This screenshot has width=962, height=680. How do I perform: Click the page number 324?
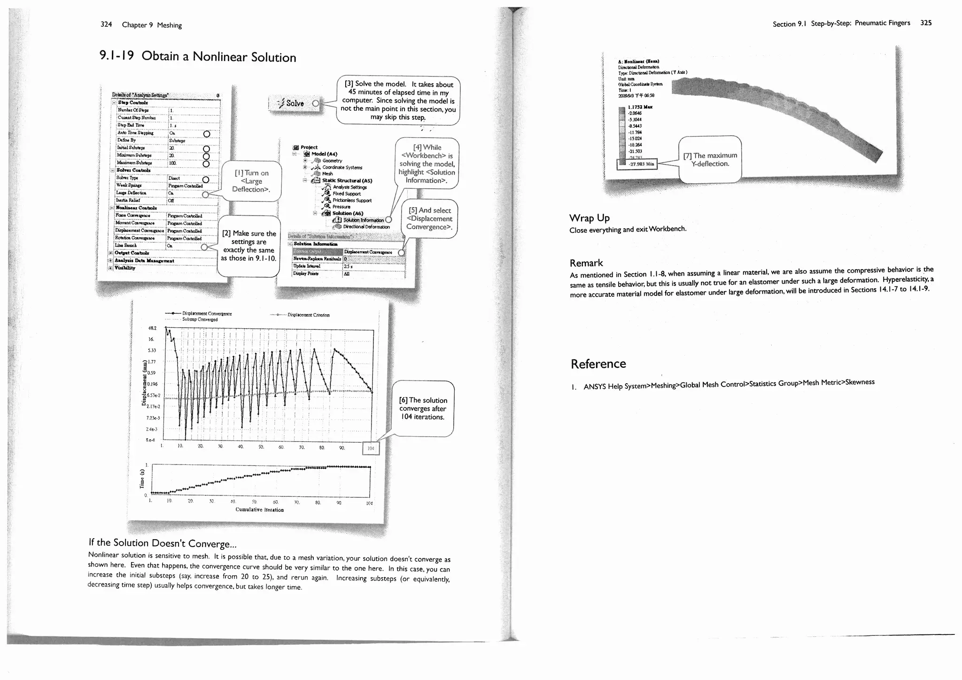click(106, 24)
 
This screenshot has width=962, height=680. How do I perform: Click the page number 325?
click(926, 23)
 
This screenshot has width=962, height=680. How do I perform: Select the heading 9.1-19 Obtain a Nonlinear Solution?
click(198, 56)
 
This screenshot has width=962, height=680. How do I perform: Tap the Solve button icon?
click(291, 103)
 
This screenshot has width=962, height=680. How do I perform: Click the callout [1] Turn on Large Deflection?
click(251, 181)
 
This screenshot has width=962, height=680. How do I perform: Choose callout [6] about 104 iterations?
click(423, 408)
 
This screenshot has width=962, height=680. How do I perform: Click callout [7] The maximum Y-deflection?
click(710, 160)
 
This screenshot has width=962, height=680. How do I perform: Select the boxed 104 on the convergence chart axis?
click(371, 448)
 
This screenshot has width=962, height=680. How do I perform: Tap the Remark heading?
click(586, 263)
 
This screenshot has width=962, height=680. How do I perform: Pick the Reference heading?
click(598, 364)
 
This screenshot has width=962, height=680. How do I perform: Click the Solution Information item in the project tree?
click(363, 220)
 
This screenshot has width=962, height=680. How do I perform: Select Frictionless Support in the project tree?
click(352, 201)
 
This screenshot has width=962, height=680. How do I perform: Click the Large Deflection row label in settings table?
click(132, 193)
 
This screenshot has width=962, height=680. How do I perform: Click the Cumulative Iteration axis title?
click(259, 510)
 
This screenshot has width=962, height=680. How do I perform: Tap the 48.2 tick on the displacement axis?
click(152, 328)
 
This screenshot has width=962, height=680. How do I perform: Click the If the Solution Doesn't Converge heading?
click(162, 543)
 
